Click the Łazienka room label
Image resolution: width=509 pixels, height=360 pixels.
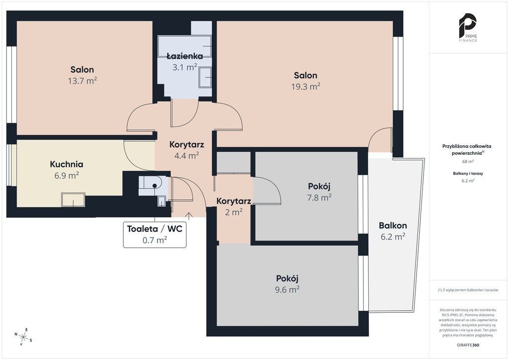(185, 56)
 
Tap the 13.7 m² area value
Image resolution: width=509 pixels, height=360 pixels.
(83, 81)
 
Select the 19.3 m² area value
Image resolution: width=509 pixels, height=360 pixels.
(306, 87)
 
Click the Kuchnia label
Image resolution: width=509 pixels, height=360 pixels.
(67, 164)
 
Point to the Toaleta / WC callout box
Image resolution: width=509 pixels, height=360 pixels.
(155, 234)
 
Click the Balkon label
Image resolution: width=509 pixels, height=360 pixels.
(393, 225)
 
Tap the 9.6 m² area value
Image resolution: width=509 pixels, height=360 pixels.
(287, 289)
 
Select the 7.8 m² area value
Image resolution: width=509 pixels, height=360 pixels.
(319, 197)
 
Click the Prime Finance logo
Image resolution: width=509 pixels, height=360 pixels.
(468, 27)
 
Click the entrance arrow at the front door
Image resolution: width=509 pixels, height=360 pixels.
(188, 216)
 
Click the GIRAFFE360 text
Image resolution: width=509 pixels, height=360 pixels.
(468, 345)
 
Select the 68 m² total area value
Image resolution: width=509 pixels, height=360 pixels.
(468, 161)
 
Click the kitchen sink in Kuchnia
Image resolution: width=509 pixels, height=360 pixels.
(74, 199)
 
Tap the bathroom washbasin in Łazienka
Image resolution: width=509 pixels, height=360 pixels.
(205, 77)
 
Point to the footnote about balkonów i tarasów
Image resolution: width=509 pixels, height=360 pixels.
(468, 290)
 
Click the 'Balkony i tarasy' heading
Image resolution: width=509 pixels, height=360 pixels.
(468, 174)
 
